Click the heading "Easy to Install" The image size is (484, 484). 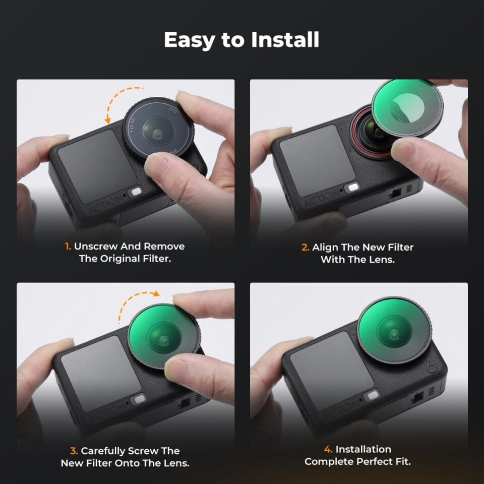coord(241,40)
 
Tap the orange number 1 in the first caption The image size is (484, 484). coord(68,247)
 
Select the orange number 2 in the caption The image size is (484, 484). coord(305,248)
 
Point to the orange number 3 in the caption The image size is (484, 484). coord(74,451)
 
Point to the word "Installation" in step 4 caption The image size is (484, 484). coord(363,449)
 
